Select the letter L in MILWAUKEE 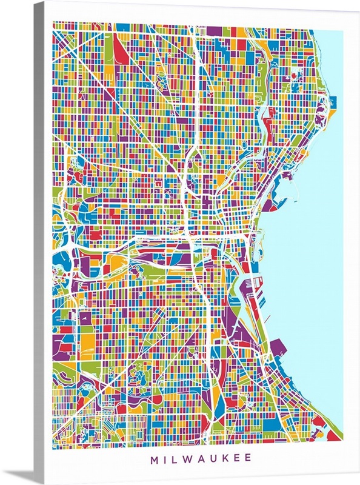(170, 458)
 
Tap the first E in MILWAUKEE (236, 458)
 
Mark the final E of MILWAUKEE (248, 458)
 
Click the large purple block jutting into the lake (278, 348)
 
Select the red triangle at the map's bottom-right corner (331, 435)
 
